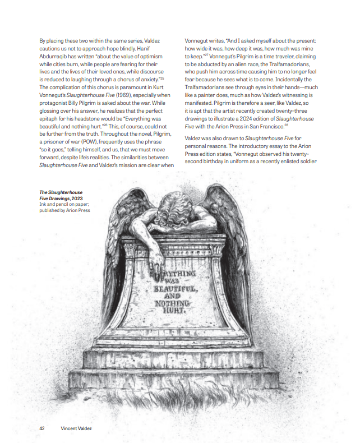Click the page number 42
42,428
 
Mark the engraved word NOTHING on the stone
173,302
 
